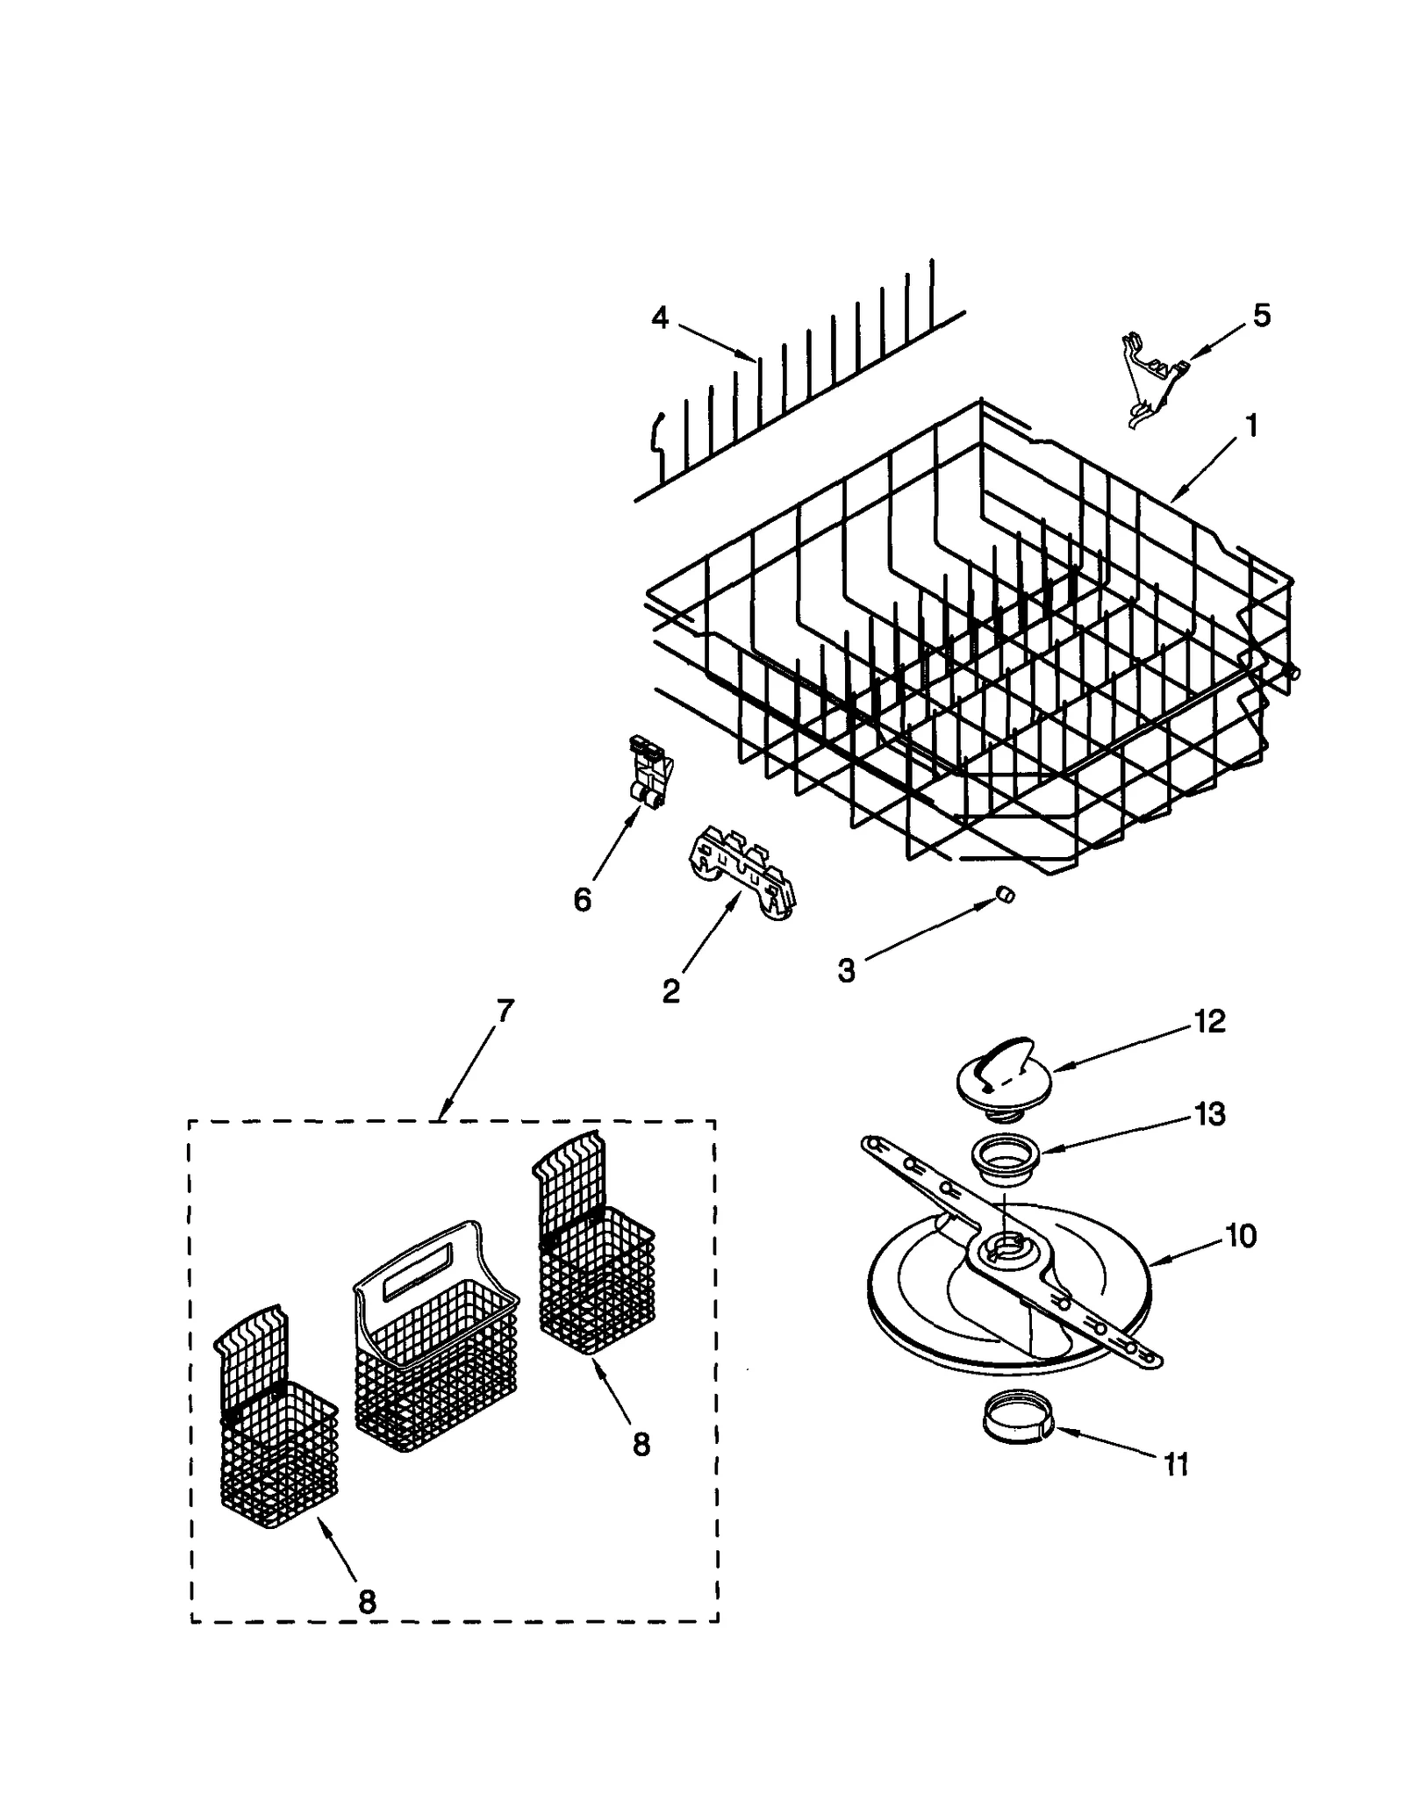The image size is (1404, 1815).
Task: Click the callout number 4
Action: click(x=660, y=318)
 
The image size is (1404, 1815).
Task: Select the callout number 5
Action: click(x=1261, y=316)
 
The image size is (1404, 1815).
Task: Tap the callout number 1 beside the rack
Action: click(x=1251, y=426)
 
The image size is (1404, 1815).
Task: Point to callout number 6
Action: click(x=582, y=899)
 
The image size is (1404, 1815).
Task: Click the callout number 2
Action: click(x=670, y=991)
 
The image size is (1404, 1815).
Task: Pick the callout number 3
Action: click(x=846, y=970)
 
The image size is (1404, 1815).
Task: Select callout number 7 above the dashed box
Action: click(x=503, y=1011)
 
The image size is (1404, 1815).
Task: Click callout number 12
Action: click(x=1209, y=1021)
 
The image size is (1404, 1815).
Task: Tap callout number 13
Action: click(x=1209, y=1114)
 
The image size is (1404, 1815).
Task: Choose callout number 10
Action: click(x=1240, y=1236)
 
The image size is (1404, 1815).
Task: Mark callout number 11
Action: click(x=1175, y=1464)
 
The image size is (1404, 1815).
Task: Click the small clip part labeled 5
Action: click(x=1152, y=379)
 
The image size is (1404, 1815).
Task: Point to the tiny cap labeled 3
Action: click(x=1006, y=894)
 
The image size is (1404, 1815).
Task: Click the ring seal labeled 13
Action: click(x=1006, y=1158)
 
